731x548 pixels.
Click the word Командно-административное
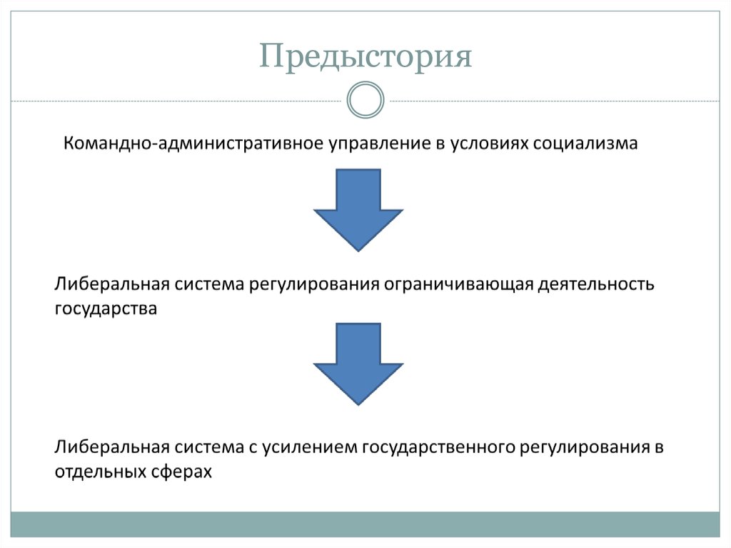193,144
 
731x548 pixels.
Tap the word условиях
488,144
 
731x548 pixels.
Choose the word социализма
585,144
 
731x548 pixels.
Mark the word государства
106,309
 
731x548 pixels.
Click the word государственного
438,448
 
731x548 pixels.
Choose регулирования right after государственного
585,448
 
